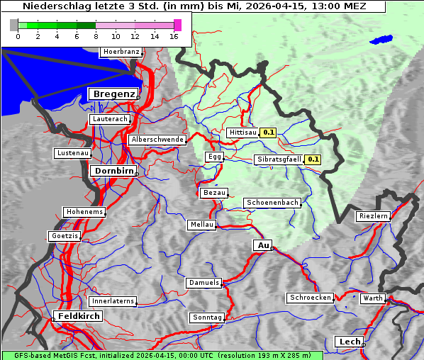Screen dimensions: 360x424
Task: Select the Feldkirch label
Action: pos(79,315)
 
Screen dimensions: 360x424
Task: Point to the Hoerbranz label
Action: pos(121,52)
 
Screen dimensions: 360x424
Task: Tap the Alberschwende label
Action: pos(157,140)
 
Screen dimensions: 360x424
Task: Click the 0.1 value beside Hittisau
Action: pos(269,133)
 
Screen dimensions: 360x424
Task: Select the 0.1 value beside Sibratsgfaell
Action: pos(313,159)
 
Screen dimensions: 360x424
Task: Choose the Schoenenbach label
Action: pos(272,203)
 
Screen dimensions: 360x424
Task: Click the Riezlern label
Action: pos(373,215)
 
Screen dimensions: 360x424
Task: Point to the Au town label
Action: pos(262,245)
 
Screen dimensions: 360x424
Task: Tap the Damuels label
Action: pos(204,283)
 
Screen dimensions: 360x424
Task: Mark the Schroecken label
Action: pos(310,298)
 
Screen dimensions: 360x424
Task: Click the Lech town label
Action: pos(350,342)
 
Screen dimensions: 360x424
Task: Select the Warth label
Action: pos(372,298)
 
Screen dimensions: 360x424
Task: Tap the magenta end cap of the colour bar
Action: pos(177,25)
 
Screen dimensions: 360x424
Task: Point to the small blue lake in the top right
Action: pos(381,40)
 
